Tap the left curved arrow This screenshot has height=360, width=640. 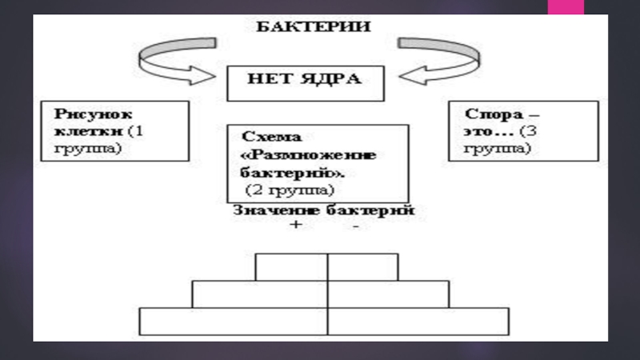[x=177, y=60]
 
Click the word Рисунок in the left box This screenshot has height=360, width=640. [x=82, y=114]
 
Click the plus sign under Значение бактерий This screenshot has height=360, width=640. [x=295, y=226]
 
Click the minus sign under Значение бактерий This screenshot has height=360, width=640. [x=355, y=227]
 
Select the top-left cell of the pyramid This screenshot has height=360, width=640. [x=291, y=266]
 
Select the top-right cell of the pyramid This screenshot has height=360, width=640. [x=362, y=266]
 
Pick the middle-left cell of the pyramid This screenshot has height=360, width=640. [x=259, y=294]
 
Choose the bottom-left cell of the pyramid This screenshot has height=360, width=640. [x=234, y=321]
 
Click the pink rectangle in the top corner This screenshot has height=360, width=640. [x=565, y=7]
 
